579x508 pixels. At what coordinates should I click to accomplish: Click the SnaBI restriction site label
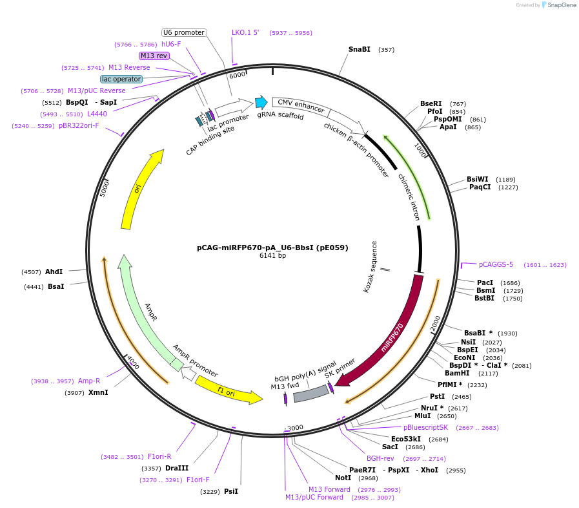point(359,49)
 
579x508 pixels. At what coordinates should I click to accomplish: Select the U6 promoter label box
point(183,32)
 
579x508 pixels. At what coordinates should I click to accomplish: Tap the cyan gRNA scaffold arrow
point(261,102)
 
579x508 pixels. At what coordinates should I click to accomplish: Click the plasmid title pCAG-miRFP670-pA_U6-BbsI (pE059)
point(272,247)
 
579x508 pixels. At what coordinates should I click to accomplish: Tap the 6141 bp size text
point(272,255)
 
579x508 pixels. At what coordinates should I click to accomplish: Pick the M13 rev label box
point(154,56)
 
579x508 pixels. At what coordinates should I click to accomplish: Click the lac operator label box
point(121,79)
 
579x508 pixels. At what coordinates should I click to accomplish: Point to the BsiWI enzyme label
point(477,179)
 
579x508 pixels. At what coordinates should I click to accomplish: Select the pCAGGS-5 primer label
point(496,264)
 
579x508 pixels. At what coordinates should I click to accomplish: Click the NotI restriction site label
point(343,478)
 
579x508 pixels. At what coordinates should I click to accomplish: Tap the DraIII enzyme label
point(177,468)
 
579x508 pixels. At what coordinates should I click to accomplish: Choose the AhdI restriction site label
point(54,271)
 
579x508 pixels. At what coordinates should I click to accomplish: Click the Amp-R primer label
point(89,381)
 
